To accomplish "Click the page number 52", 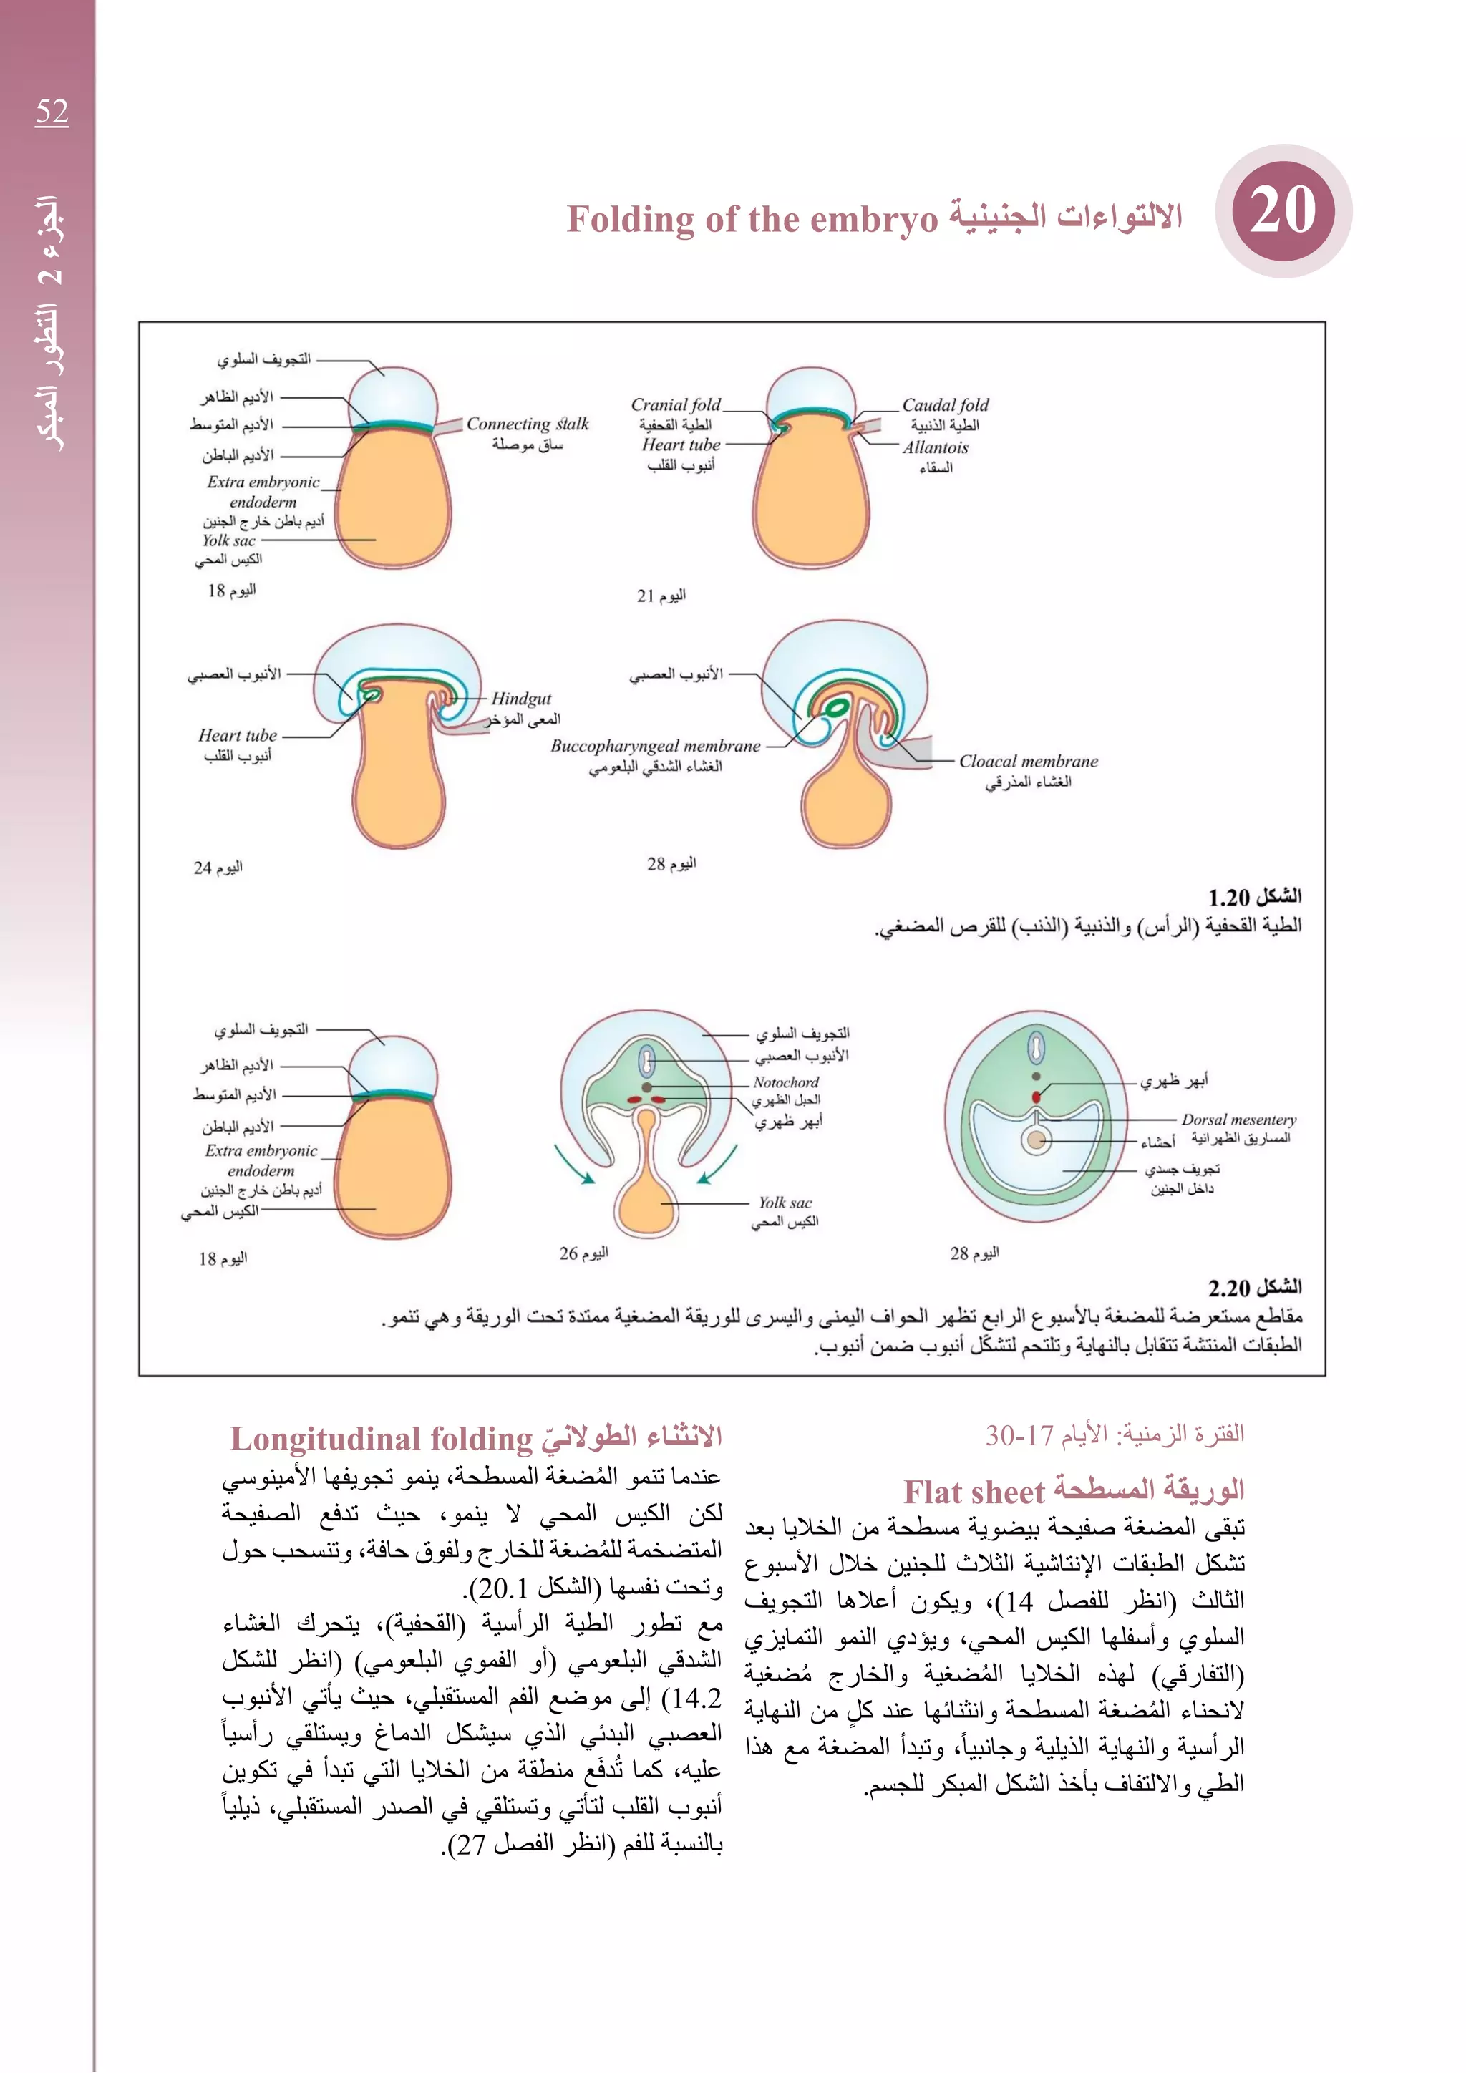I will pos(52,112).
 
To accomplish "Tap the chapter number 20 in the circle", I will pos(1283,211).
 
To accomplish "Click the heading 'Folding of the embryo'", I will pos(752,220).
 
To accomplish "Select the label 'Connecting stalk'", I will pos(527,424).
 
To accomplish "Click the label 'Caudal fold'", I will pos(945,404).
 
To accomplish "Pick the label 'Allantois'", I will pos(935,447).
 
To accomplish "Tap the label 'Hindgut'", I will pos(521,698).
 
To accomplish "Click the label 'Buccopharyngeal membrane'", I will pos(656,746).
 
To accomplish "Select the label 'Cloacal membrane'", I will pos(1028,761).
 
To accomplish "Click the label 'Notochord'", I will pos(785,1082).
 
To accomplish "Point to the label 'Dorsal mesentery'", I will pos(1238,1120).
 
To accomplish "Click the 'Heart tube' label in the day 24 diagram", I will pos(238,735).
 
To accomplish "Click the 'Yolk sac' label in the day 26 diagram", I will pos(785,1203).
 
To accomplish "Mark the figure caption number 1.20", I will pos(1228,898).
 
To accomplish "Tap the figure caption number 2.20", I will pos(1228,1288).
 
